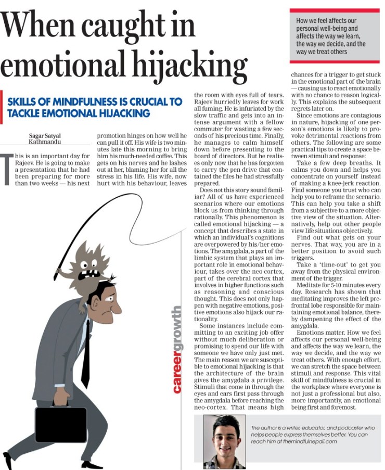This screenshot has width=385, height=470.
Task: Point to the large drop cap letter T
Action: (7, 172)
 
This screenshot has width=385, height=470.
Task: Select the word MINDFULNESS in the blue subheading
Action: (77, 101)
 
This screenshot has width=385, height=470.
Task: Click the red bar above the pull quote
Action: (335, 10)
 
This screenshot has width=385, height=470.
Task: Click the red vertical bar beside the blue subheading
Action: (2, 107)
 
